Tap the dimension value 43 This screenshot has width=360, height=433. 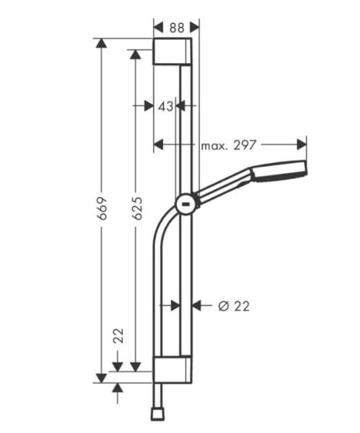point(165,106)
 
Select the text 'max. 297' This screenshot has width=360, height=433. point(229,145)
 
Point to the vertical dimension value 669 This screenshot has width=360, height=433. point(102,206)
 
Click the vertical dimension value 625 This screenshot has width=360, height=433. point(137,206)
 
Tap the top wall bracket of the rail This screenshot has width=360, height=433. point(172,52)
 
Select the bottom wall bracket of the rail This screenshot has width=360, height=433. point(172,369)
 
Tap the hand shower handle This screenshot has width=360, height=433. point(224,186)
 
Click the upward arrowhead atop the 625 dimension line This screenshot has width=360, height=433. point(135,55)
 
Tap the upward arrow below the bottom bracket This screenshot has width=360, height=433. point(118,390)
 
